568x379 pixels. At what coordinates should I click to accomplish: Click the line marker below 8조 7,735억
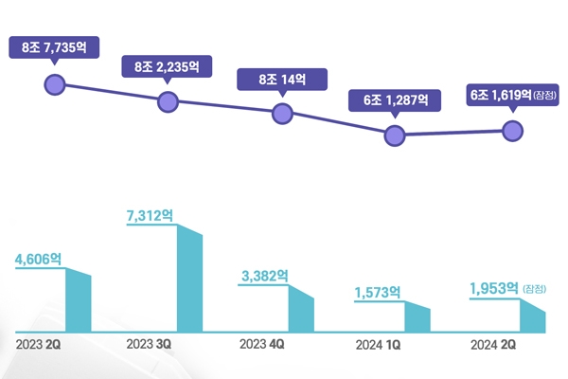point(55,85)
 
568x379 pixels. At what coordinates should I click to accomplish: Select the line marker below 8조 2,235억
point(168,100)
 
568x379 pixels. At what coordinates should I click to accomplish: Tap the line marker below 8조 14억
point(282,113)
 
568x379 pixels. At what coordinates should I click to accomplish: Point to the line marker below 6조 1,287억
point(396,135)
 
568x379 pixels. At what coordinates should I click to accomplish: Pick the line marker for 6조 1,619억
point(512,131)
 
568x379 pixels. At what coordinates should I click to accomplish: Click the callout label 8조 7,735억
point(54,47)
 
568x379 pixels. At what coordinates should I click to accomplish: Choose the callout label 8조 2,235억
point(167,66)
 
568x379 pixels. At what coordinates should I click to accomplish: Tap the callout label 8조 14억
point(282,79)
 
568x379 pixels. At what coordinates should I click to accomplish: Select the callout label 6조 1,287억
point(396,99)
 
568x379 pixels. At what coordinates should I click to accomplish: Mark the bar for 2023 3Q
point(190,280)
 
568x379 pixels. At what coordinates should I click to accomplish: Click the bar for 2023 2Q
point(78,300)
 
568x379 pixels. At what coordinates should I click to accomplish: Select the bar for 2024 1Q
point(417,318)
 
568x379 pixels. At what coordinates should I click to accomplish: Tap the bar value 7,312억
point(150,216)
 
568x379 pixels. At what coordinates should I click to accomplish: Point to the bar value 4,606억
point(37,258)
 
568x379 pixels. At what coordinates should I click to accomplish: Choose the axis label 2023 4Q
point(264,345)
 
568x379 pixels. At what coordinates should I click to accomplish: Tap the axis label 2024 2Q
point(494,345)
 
